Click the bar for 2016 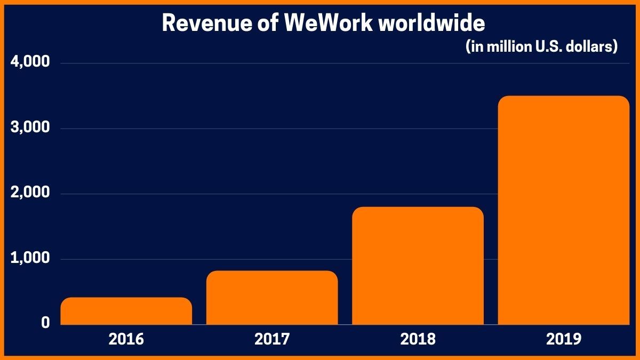[126, 311]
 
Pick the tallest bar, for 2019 [563, 210]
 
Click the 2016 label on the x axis [126, 339]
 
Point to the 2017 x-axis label [272, 339]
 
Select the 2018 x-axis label [418, 339]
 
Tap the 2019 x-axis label [563, 339]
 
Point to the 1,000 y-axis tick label [30, 259]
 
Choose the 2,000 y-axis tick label [30, 193]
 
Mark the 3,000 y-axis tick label [30, 128]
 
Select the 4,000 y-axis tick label [30, 62]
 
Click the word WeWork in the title [330, 23]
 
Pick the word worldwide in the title [432, 23]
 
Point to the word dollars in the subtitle [593, 47]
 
